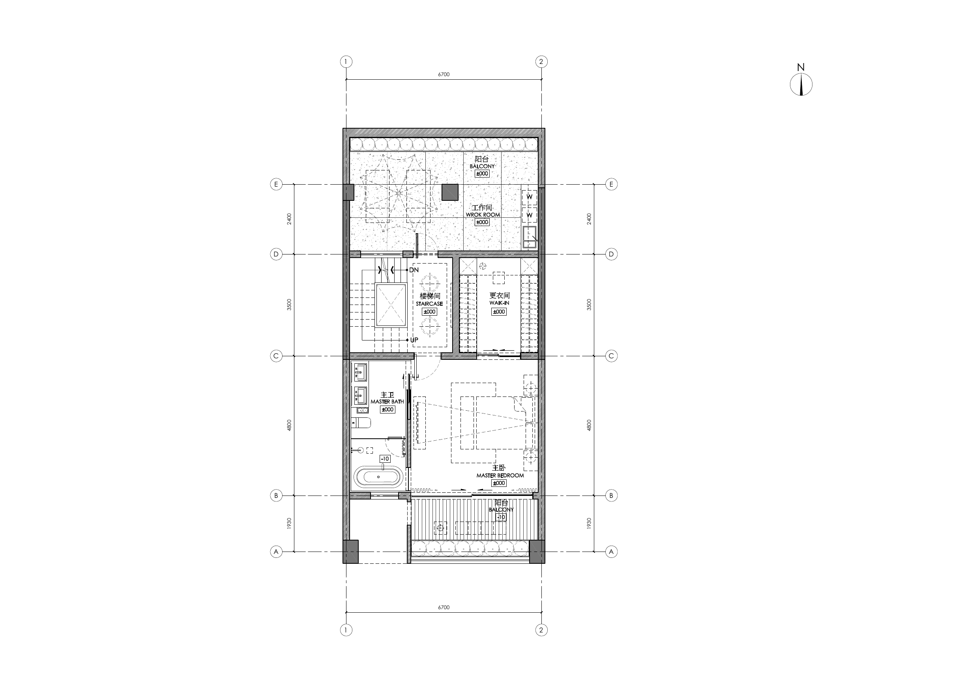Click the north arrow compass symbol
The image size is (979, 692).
801,84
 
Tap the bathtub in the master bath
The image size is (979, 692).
378,477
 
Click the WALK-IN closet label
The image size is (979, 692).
499,303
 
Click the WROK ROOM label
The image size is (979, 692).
483,215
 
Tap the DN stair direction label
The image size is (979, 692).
414,270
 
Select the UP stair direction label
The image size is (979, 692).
414,340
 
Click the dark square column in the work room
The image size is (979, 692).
449,192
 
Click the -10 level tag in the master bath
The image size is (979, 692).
385,459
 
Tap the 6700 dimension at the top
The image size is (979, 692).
444,75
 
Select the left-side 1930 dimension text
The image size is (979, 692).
289,523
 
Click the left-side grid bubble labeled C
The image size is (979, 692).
276,356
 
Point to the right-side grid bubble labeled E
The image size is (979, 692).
612,184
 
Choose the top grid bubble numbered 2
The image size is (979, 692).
541,62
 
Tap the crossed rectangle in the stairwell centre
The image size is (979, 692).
391,305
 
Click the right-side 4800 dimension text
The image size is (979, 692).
589,425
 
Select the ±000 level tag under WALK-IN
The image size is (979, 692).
499,312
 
